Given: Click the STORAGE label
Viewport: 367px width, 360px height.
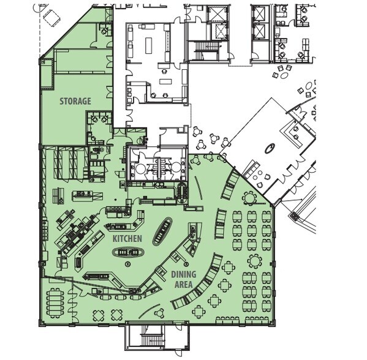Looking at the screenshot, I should point(75,100).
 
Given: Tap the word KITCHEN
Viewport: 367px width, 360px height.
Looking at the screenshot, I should point(127,238).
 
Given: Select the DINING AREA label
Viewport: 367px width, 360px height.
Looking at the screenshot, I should point(183,280).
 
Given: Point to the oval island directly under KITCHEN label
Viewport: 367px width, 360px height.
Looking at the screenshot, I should point(129,252).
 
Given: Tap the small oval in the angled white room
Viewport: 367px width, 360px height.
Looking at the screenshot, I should point(269,148).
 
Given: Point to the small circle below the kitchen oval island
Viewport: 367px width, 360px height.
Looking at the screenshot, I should point(128,263).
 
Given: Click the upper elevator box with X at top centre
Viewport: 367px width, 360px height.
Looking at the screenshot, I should point(216,13).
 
